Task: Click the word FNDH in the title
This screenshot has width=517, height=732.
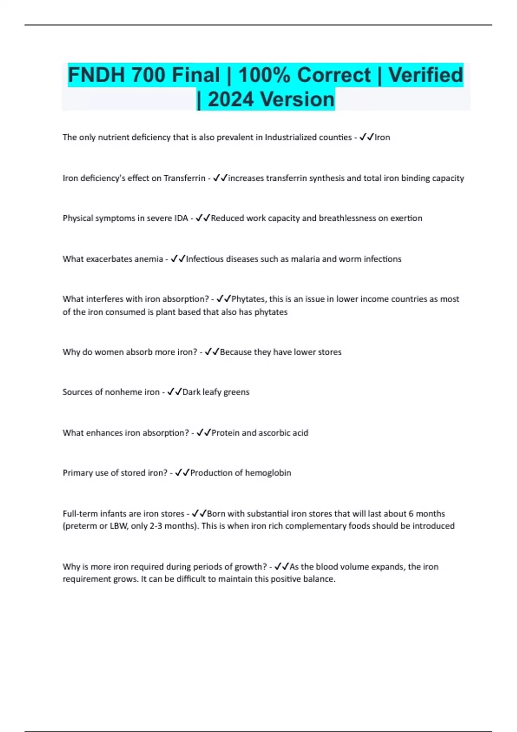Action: (96, 75)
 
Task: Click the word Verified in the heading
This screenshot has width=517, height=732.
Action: (426, 75)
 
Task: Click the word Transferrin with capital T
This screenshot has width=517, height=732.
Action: (184, 178)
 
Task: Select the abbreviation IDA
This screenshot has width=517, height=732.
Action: (181, 218)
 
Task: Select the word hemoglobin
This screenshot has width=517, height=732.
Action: (268, 473)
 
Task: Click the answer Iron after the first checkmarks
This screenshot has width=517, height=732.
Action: (382, 137)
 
